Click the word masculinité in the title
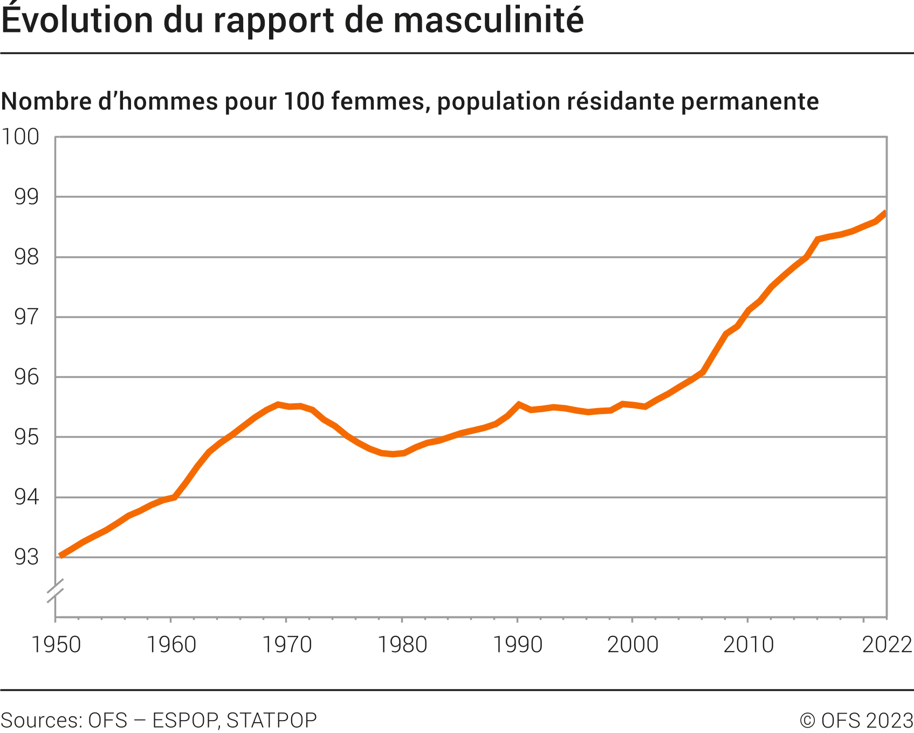(x=488, y=21)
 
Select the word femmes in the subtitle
(x=377, y=101)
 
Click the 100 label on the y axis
(x=20, y=137)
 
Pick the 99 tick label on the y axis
(x=26, y=197)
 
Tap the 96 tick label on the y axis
(x=26, y=377)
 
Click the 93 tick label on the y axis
(x=26, y=557)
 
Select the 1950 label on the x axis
(x=56, y=644)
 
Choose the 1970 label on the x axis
(x=286, y=644)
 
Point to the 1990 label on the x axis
(x=518, y=644)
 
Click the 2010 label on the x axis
(x=748, y=644)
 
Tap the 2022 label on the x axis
(x=886, y=644)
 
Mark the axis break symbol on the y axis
(x=55, y=591)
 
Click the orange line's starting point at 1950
(x=60, y=555)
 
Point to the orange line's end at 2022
(x=885, y=213)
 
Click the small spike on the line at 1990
(x=518, y=404)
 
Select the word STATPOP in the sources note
(x=271, y=720)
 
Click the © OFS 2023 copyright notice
(x=856, y=720)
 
